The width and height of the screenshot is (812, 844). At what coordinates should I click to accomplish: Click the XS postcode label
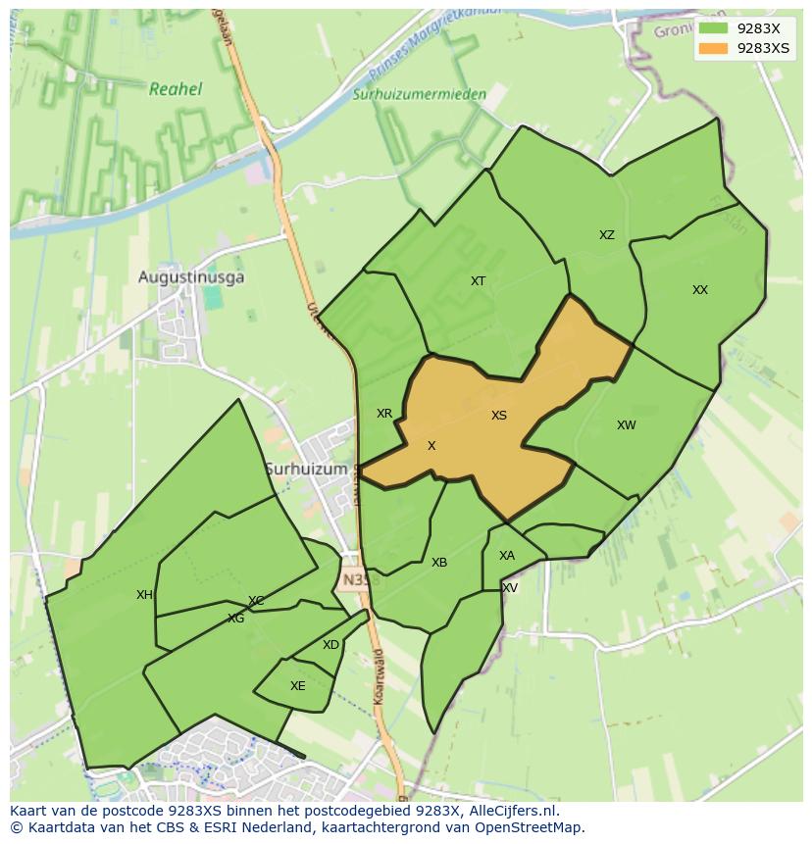pyautogui.click(x=499, y=416)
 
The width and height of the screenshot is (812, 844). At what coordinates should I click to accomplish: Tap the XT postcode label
pyautogui.click(x=478, y=281)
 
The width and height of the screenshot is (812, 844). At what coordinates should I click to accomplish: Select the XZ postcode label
pyautogui.click(x=607, y=235)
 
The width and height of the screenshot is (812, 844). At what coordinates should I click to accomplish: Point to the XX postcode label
pyautogui.click(x=700, y=290)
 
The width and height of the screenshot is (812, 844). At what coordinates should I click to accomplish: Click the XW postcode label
pyautogui.click(x=627, y=425)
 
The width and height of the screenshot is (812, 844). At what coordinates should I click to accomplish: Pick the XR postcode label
pyautogui.click(x=384, y=414)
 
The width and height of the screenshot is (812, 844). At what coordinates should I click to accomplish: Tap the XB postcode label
pyautogui.click(x=439, y=563)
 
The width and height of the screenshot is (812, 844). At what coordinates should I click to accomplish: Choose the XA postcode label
pyautogui.click(x=507, y=556)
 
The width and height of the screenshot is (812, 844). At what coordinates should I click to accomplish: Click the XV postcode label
pyautogui.click(x=510, y=588)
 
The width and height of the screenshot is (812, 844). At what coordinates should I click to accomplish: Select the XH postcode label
pyautogui.click(x=144, y=595)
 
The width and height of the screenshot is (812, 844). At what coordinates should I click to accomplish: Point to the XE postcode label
pyautogui.click(x=298, y=686)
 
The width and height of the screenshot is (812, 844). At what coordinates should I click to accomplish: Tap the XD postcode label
pyautogui.click(x=330, y=645)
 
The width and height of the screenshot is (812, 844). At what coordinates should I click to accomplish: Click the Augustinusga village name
pyautogui.click(x=191, y=277)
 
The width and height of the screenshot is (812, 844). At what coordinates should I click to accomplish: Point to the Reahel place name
pyautogui.click(x=176, y=89)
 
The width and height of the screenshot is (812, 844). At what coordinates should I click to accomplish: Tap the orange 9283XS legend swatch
pyautogui.click(x=713, y=48)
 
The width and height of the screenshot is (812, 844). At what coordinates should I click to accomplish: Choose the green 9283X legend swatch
pyautogui.click(x=713, y=28)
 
